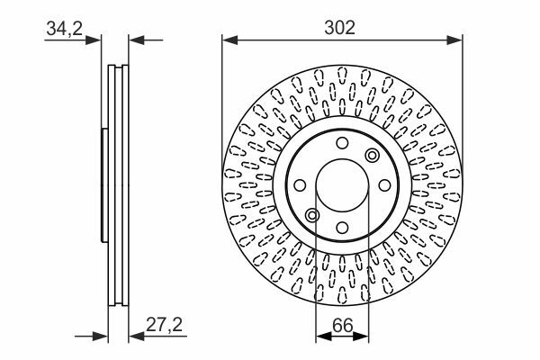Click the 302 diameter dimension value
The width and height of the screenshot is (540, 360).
[x=339, y=28]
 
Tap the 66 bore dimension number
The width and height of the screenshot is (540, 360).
[x=343, y=326]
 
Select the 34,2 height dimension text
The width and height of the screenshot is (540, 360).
[x=65, y=28]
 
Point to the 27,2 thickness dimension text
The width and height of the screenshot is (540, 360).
[x=165, y=325]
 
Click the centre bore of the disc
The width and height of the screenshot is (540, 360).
[x=342, y=185]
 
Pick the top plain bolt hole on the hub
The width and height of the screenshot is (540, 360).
[x=342, y=143]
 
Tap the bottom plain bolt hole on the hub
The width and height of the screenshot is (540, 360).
[x=342, y=228]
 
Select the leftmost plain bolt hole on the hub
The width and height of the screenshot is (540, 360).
[x=300, y=185]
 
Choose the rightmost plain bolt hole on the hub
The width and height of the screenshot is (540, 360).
[x=384, y=185]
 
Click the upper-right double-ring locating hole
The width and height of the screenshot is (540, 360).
[x=373, y=155]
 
